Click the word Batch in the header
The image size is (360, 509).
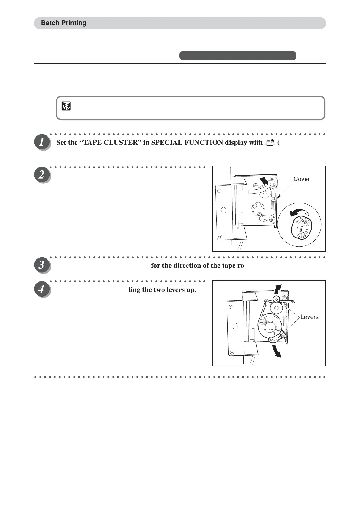pos(49,23)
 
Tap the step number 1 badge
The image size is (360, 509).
pos(41,142)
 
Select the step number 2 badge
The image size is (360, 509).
pos(41,175)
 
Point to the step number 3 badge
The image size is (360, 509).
pos(41,265)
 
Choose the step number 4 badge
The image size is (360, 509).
pos(41,289)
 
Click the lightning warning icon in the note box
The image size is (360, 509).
pos(66,106)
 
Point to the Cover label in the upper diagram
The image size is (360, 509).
pos(301,179)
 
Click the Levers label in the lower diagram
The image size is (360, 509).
pos(309,317)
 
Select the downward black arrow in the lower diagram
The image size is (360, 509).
pos(277,351)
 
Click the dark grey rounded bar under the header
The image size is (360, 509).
pos(237,56)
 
